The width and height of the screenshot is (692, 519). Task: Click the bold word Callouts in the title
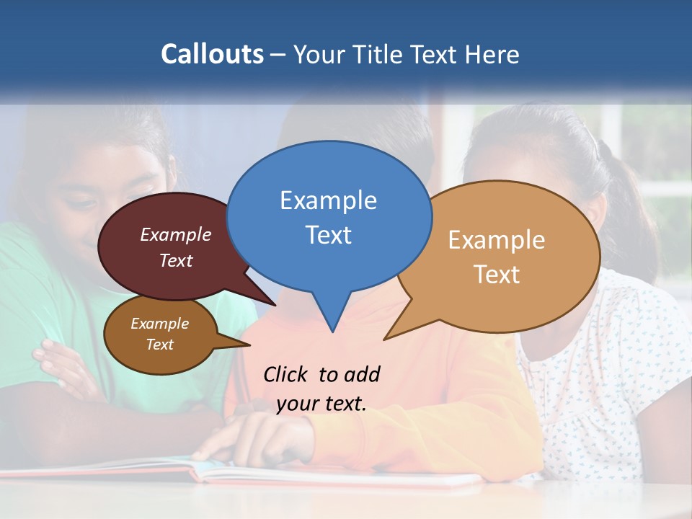(x=212, y=54)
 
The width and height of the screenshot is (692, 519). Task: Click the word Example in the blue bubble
(x=328, y=200)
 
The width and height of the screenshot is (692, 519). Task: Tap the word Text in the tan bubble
(x=497, y=274)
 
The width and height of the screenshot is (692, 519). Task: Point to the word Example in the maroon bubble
(x=176, y=234)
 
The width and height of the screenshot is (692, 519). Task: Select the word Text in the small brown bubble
(x=159, y=345)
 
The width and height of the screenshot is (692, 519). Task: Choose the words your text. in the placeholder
(x=321, y=404)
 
